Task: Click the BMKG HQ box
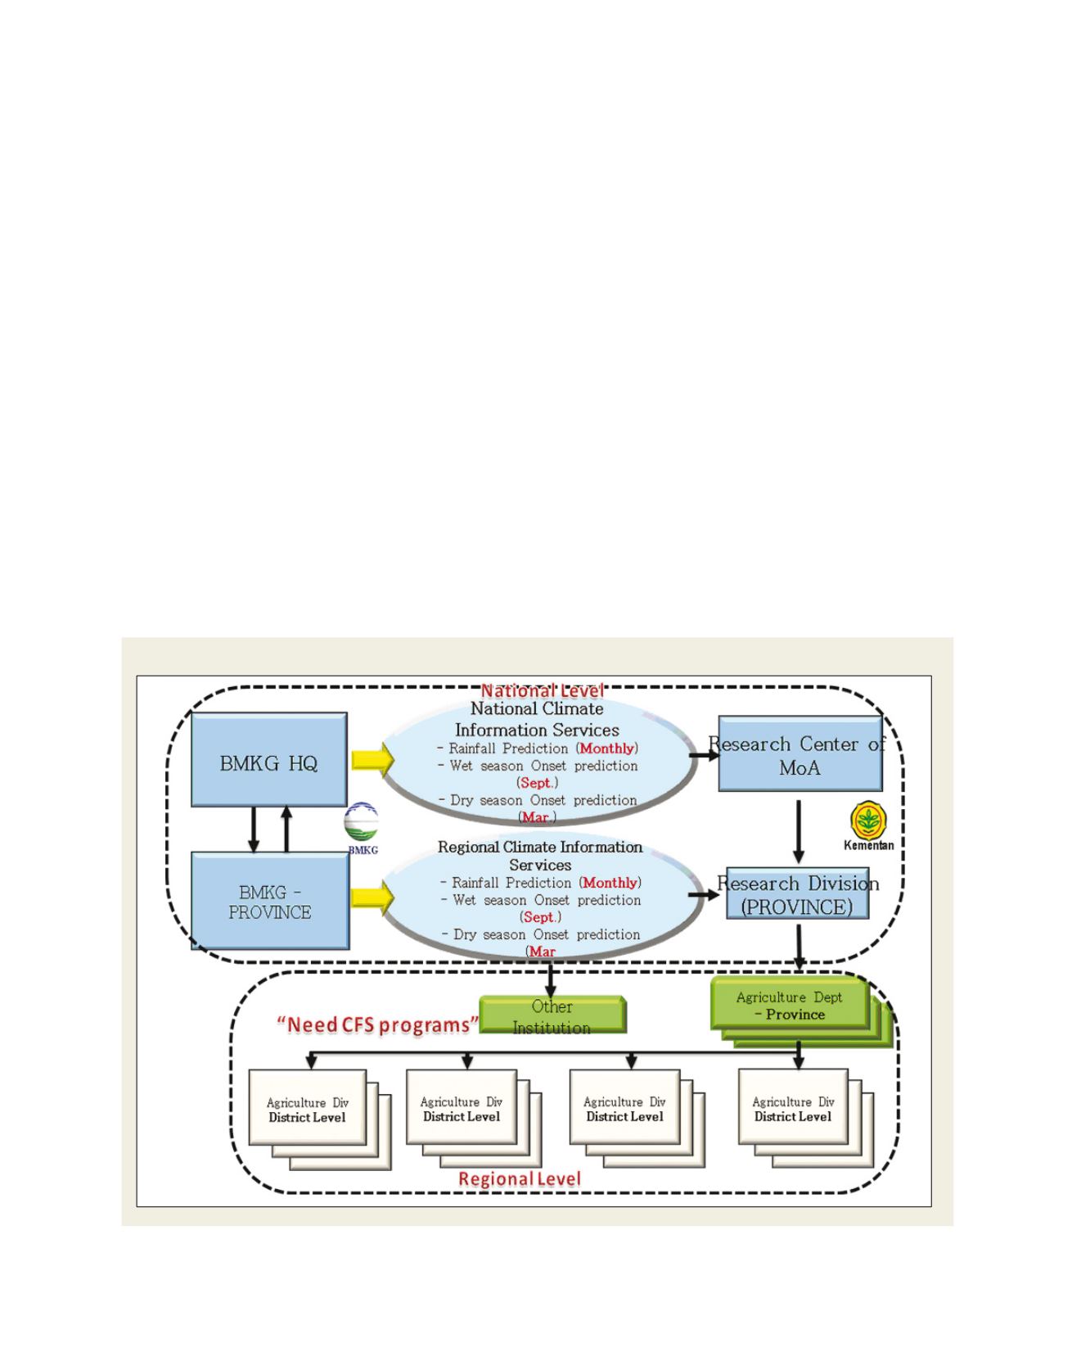[x=268, y=760]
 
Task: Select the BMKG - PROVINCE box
[x=270, y=901]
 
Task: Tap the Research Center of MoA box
[x=799, y=754]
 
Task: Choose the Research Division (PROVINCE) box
[x=797, y=894]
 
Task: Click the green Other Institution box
[x=552, y=1016]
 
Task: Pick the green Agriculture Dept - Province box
[x=790, y=1005]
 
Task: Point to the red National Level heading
[x=542, y=690]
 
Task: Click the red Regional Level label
[x=520, y=1179]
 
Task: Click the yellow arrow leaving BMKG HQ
[x=372, y=760]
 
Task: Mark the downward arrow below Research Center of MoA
[x=799, y=831]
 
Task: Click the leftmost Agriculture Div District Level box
[x=308, y=1108]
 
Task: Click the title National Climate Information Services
[x=537, y=719]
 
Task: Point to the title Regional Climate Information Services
[x=540, y=856]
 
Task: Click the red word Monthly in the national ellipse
[x=606, y=748]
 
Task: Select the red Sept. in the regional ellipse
[x=541, y=917]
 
